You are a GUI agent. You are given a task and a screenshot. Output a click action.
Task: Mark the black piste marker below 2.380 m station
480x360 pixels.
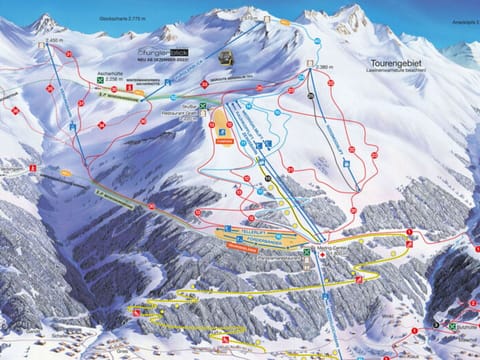(311, 94)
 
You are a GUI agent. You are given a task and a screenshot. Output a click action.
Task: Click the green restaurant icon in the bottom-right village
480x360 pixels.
(452, 325)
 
